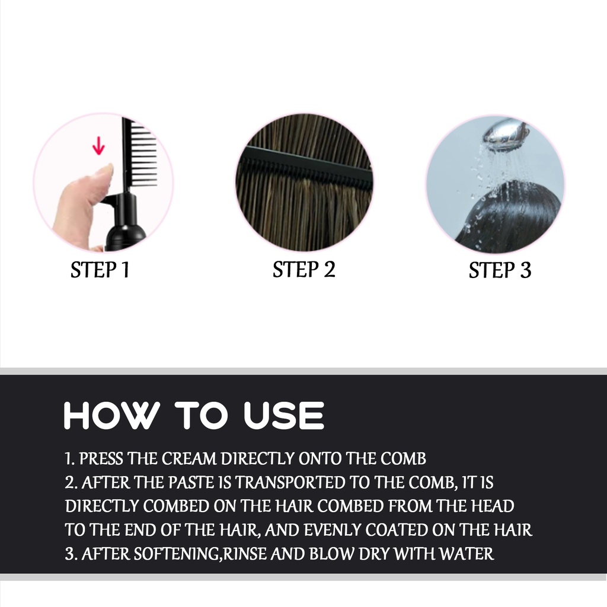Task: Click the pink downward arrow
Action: point(99,146)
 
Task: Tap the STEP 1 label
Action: point(100,270)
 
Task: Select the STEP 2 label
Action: point(304,270)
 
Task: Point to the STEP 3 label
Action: point(500,270)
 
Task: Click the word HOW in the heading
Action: point(112,416)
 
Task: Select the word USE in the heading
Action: point(284,416)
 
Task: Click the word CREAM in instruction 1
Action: point(189,459)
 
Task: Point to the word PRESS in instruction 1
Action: point(101,459)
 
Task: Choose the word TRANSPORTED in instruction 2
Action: point(290,483)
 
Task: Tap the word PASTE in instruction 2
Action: point(191,483)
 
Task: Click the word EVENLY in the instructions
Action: point(333,531)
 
